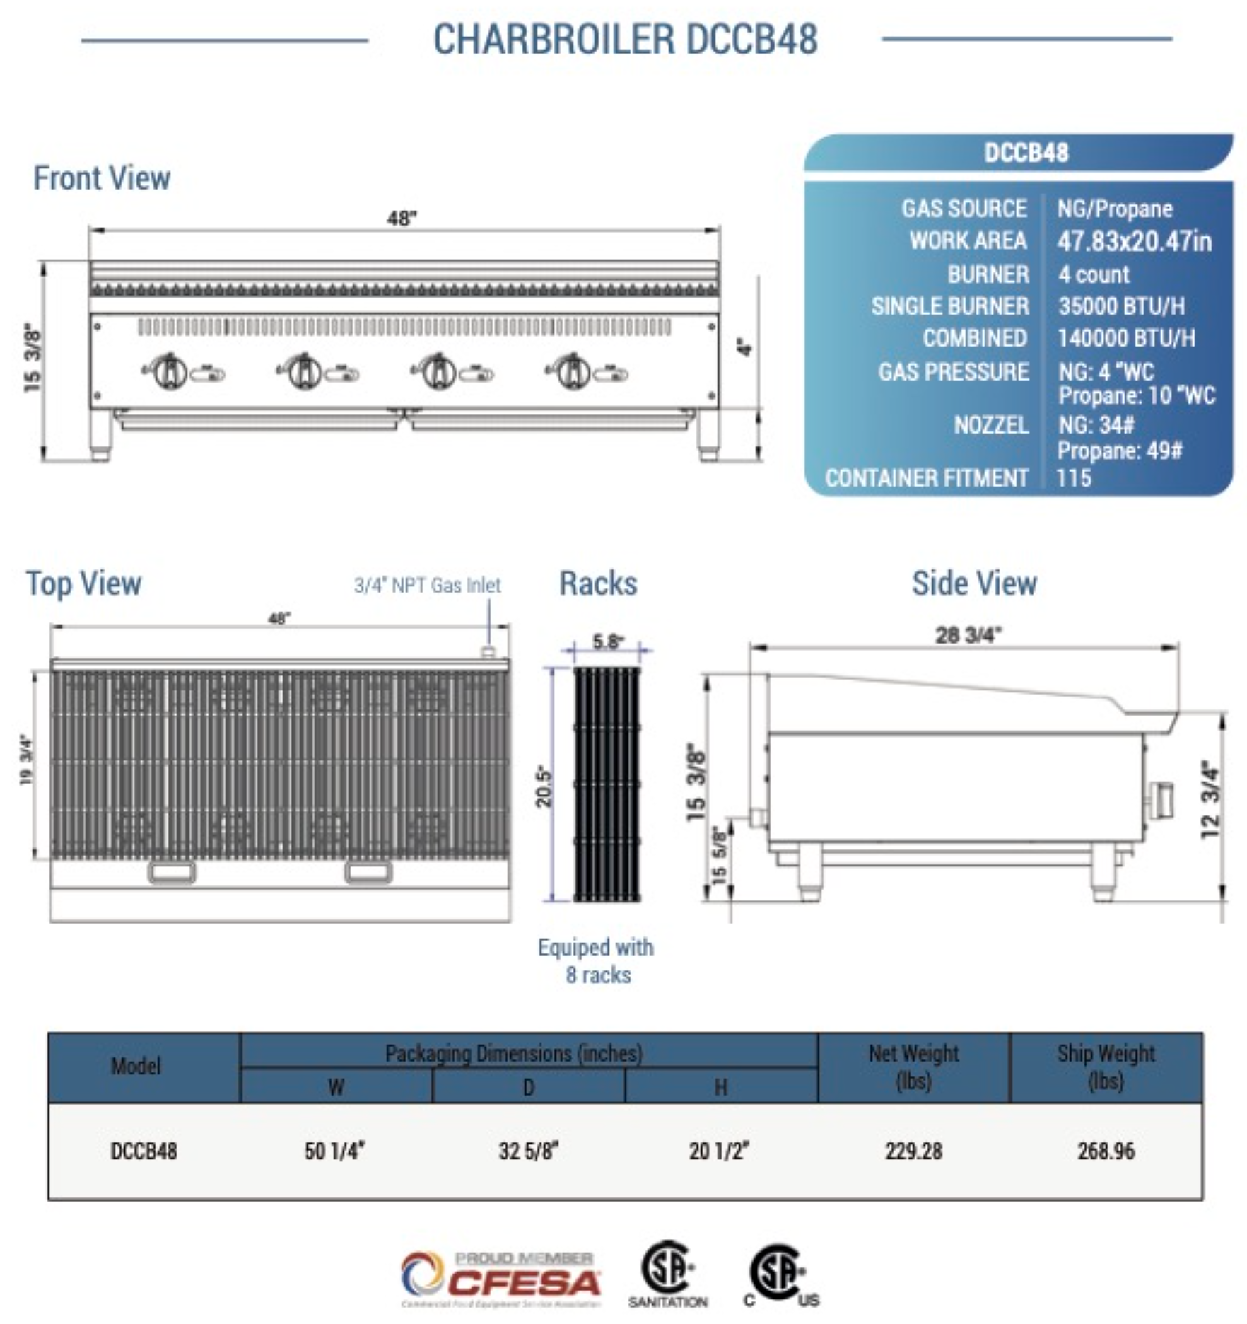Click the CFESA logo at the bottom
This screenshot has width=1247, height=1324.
pos(500,1280)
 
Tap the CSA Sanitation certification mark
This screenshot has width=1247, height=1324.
pos(667,1274)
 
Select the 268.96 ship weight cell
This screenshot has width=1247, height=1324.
pos(1106,1151)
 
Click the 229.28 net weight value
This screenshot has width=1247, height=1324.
pos(913,1151)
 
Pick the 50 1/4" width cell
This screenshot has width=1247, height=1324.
pos(334,1151)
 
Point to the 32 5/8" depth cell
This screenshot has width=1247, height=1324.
pos(528,1151)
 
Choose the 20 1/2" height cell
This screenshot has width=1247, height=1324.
pos(719,1151)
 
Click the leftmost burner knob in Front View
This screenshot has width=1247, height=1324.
pos(170,371)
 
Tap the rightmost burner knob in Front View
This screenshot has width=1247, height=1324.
pos(573,371)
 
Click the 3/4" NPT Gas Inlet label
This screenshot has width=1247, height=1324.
pos(427,586)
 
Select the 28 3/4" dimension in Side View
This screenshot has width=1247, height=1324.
pos(968,635)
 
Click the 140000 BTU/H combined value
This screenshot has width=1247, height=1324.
pos(1126,338)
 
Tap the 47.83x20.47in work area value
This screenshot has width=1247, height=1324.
pos(1134,241)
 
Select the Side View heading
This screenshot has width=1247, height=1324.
pos(974,583)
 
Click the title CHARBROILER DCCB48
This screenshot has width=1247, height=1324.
pos(625,39)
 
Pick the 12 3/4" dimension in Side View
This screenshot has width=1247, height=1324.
pos(1211,800)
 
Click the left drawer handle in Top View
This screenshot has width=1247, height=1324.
pos(172,873)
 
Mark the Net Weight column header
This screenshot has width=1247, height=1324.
pos(913,1067)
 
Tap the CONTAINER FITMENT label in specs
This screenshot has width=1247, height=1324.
pos(926,478)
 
